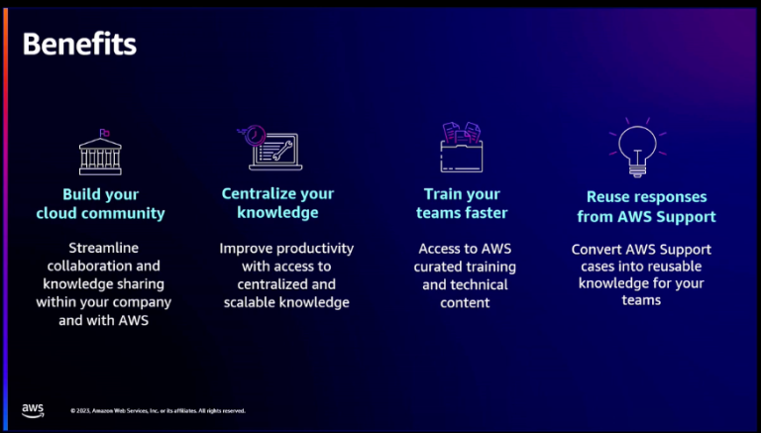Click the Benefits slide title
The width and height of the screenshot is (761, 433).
point(79,45)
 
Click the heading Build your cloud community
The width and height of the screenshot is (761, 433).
point(100,203)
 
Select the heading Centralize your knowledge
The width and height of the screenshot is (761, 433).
point(277,203)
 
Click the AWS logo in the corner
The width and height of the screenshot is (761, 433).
point(33,409)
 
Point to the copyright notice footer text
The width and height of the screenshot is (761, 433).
point(158,410)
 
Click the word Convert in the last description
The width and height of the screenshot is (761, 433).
point(598,249)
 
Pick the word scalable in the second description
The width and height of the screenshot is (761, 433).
point(253,302)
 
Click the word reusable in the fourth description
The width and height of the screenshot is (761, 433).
point(679,267)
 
